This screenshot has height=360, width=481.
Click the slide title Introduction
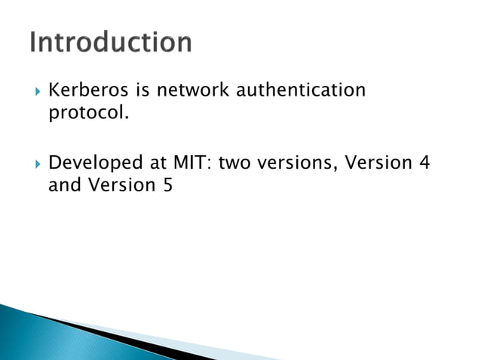coord(111,43)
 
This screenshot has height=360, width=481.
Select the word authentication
coord(302,91)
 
